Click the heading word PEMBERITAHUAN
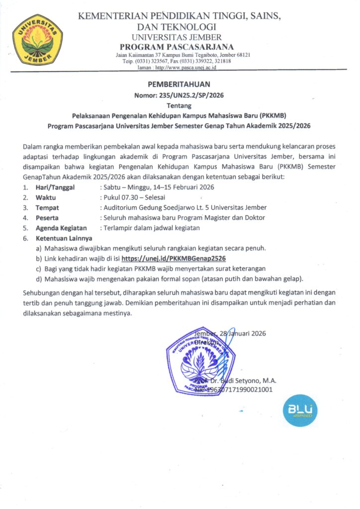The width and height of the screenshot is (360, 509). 179,84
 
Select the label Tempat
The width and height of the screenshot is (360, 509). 47,207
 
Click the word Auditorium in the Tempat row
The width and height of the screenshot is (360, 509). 121,207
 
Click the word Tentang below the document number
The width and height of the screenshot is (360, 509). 179,105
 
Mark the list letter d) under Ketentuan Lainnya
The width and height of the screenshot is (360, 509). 38,278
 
